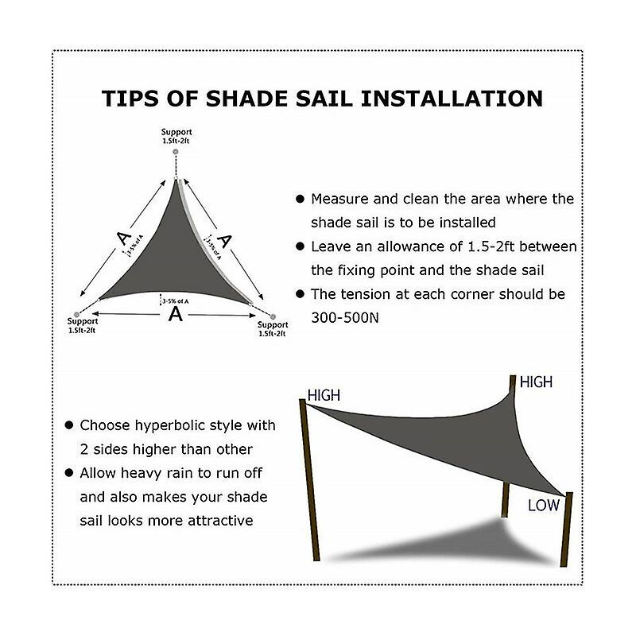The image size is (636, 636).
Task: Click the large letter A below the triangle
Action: (175, 314)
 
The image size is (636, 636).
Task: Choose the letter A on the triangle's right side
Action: (225, 240)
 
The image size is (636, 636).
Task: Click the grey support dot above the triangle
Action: (176, 151)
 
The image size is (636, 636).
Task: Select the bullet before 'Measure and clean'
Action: (300, 200)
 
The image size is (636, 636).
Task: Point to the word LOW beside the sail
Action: (544, 506)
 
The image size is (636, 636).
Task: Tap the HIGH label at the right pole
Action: (536, 382)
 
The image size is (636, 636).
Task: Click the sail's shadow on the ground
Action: (445, 541)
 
